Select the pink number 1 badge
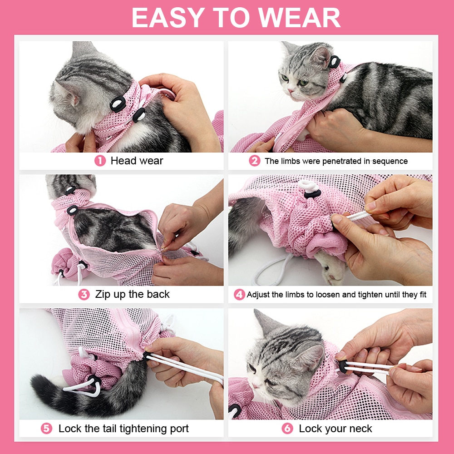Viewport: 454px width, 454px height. pyautogui.click(x=99, y=161)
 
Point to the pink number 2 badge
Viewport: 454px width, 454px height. pyautogui.click(x=254, y=161)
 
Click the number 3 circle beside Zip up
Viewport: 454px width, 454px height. pyautogui.click(x=84, y=294)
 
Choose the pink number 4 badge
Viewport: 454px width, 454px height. pyautogui.click(x=239, y=295)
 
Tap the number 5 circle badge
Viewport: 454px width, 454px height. pyautogui.click(x=47, y=428)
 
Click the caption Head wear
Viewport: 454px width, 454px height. pyautogui.click(x=137, y=161)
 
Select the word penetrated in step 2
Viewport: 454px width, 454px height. pyautogui.click(x=336, y=161)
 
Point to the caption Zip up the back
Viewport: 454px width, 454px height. pyautogui.click(x=132, y=294)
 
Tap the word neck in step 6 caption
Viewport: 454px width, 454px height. pyautogui.click(x=361, y=428)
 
